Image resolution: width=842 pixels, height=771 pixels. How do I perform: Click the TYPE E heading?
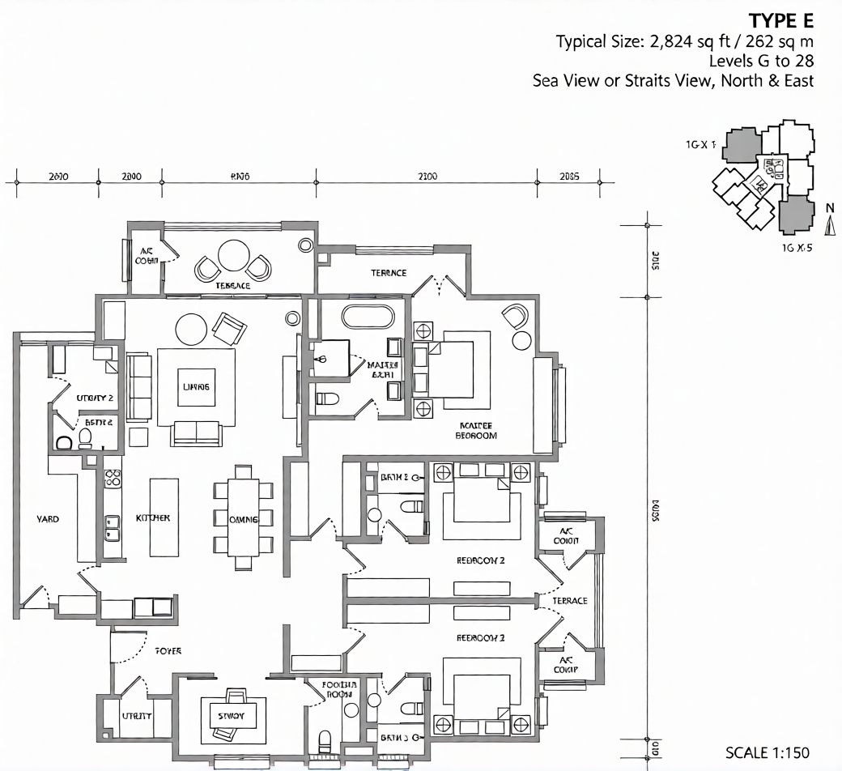(780, 20)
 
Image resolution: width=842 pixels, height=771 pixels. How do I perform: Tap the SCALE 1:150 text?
(767, 752)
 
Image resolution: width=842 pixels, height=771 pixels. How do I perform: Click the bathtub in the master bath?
(368, 316)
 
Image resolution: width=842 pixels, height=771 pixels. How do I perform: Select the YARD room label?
(48, 519)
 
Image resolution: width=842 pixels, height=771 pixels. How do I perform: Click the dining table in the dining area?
(243, 519)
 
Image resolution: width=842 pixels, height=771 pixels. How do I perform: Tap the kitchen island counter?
(164, 518)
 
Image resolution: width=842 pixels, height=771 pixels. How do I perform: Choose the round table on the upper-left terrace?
(234, 255)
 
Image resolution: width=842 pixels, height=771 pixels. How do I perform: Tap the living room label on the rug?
(196, 387)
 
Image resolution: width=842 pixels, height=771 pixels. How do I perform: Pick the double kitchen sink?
(113, 528)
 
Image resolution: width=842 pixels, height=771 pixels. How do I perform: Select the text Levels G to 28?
(761, 61)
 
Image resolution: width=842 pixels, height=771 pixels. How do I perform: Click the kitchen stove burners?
(113, 476)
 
